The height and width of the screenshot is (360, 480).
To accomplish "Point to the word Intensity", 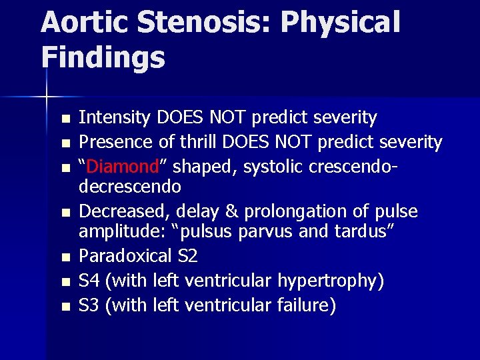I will (115, 118).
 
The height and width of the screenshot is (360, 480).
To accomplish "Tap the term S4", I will (89, 281).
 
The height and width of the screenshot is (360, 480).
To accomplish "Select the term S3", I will (89, 305).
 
